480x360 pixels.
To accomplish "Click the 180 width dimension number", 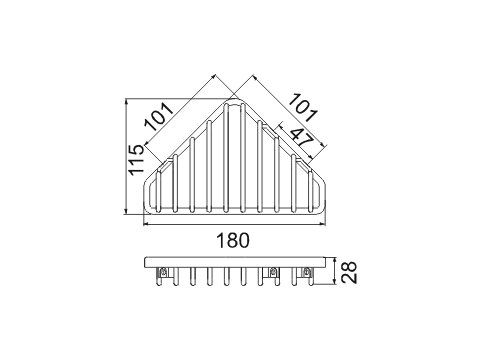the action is pyautogui.click(x=233, y=240).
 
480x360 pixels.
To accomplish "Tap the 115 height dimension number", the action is pyautogui.click(x=137, y=160).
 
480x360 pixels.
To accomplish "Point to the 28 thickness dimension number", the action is pyautogui.click(x=350, y=272).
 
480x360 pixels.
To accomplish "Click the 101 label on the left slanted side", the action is pyautogui.click(x=159, y=116).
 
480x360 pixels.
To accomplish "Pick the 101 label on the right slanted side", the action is pyautogui.click(x=302, y=107).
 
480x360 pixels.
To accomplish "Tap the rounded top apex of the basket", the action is pyautogui.click(x=234, y=100).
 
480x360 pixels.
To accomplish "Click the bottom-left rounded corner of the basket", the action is pyautogui.click(x=147, y=210).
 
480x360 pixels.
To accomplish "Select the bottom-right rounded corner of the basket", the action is pyautogui.click(x=321, y=210).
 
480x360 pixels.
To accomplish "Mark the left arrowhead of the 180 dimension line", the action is pyautogui.click(x=145, y=224).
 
